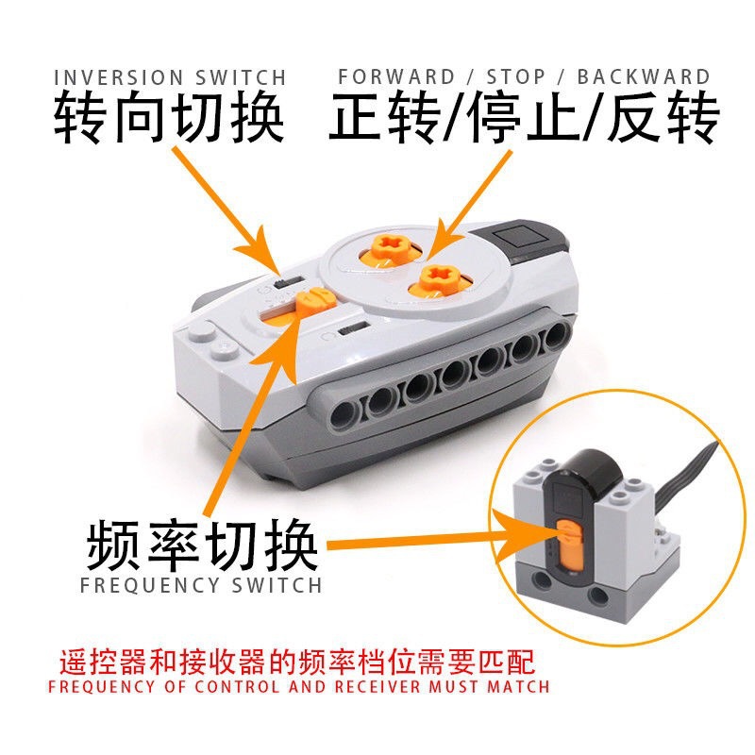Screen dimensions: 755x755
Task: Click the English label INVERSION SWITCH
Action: pyautogui.click(x=169, y=76)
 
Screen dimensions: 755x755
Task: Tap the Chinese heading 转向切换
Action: pyautogui.click(x=169, y=119)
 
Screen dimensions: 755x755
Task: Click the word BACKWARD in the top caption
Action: pyautogui.click(x=644, y=76)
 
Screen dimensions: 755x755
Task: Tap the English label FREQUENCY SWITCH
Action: pyautogui.click(x=202, y=585)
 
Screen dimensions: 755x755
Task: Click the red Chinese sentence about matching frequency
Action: pyautogui.click(x=297, y=660)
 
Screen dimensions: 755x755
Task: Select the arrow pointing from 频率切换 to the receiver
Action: pyautogui.click(x=425, y=545)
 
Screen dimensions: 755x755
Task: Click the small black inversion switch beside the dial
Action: pyautogui.click(x=285, y=281)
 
